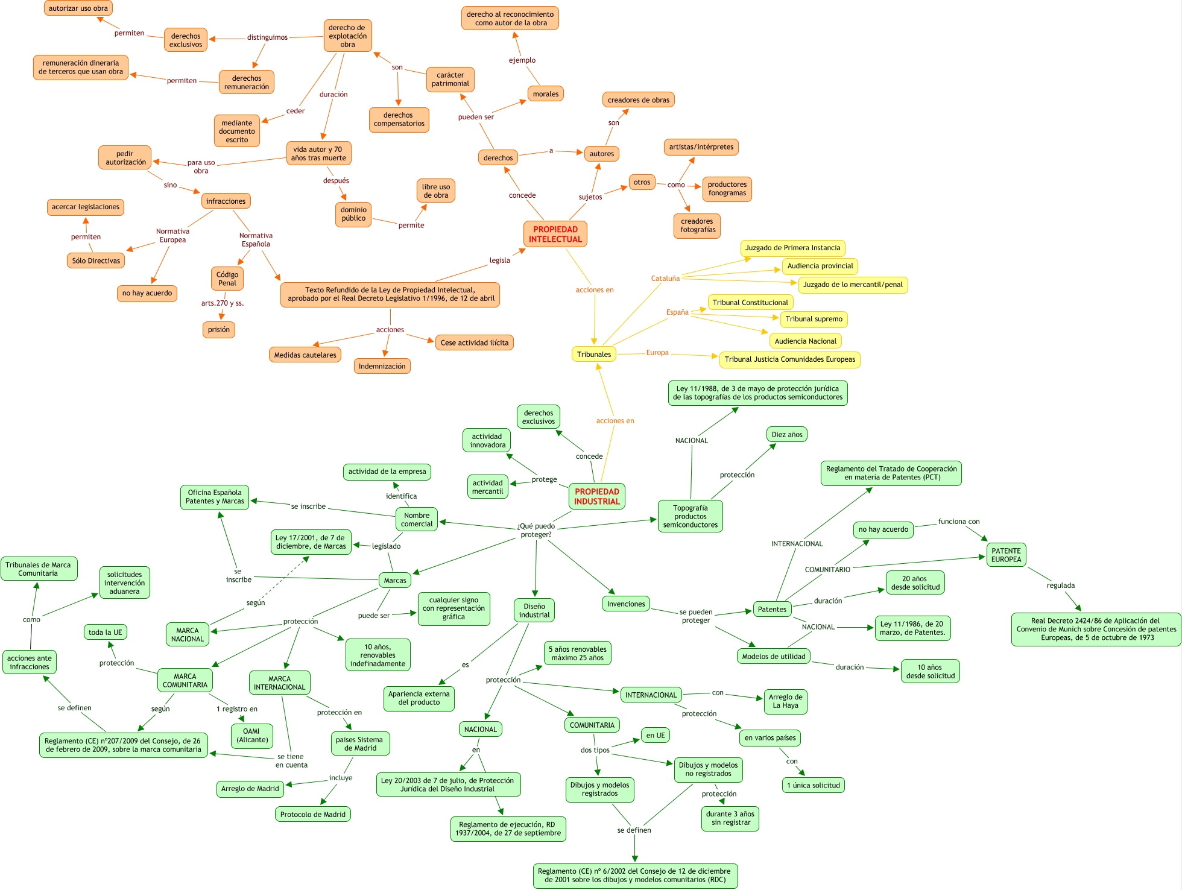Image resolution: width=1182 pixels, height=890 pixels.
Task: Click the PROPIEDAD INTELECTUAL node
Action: (555, 234)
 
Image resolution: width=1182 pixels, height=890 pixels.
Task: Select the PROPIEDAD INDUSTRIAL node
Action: (596, 496)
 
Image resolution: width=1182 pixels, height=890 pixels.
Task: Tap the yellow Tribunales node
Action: (593, 354)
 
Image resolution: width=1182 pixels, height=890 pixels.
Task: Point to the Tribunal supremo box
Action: (814, 319)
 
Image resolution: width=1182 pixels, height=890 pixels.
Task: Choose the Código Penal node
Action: (227, 279)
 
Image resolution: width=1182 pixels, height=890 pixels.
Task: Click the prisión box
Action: (219, 329)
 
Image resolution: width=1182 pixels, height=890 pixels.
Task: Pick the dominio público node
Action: (353, 214)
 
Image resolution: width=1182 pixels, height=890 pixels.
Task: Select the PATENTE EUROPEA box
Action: (1006, 555)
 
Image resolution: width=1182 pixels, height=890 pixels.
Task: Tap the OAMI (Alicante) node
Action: (252, 735)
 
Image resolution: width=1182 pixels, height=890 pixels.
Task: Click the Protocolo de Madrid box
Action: (312, 814)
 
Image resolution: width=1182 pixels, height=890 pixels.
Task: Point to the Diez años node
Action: (786, 434)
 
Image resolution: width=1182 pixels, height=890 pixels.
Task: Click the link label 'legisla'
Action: (499, 260)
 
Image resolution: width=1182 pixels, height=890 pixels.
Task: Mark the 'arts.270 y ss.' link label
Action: (223, 303)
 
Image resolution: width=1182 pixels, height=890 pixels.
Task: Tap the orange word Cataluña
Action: (665, 279)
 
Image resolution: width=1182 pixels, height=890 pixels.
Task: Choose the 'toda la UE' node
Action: (105, 632)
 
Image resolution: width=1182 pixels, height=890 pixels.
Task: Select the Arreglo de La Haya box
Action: (785, 701)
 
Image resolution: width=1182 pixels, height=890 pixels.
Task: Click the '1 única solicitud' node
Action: (813, 785)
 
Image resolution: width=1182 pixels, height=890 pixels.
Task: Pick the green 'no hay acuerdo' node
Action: (883, 529)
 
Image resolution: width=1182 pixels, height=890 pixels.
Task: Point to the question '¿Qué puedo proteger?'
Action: (536, 530)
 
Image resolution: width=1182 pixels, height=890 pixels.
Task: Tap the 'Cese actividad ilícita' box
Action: (474, 342)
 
